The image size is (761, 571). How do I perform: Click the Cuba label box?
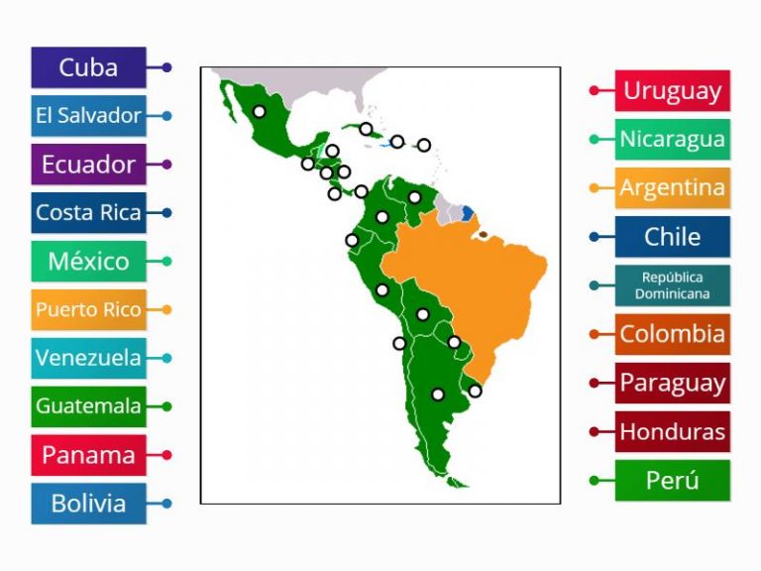[x=88, y=67]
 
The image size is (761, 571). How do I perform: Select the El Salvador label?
[x=88, y=116]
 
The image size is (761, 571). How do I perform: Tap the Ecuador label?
[x=88, y=165]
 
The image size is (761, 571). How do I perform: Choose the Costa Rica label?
[x=88, y=212]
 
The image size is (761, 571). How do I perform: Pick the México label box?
[x=88, y=262]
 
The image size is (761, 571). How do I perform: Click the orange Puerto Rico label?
[x=88, y=309]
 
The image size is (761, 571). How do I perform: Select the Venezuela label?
[x=88, y=358]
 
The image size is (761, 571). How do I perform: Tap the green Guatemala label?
[x=88, y=406]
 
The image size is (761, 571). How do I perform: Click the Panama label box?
[x=88, y=455]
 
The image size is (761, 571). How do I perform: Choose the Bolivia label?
[x=88, y=504]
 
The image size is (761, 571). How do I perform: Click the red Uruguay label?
[x=672, y=90]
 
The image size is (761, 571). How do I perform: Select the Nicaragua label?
[x=672, y=140]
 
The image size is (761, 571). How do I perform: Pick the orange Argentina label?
[x=672, y=187]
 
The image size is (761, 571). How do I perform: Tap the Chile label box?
[x=672, y=237]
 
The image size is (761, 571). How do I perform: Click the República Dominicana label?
[x=672, y=285]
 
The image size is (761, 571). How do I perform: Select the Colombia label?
[x=672, y=334]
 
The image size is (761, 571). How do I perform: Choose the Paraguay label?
[x=672, y=383]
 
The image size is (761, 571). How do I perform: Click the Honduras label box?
[x=672, y=431]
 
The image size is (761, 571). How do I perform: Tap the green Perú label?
[x=672, y=481]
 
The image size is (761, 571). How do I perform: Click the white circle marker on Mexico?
[x=259, y=112]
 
